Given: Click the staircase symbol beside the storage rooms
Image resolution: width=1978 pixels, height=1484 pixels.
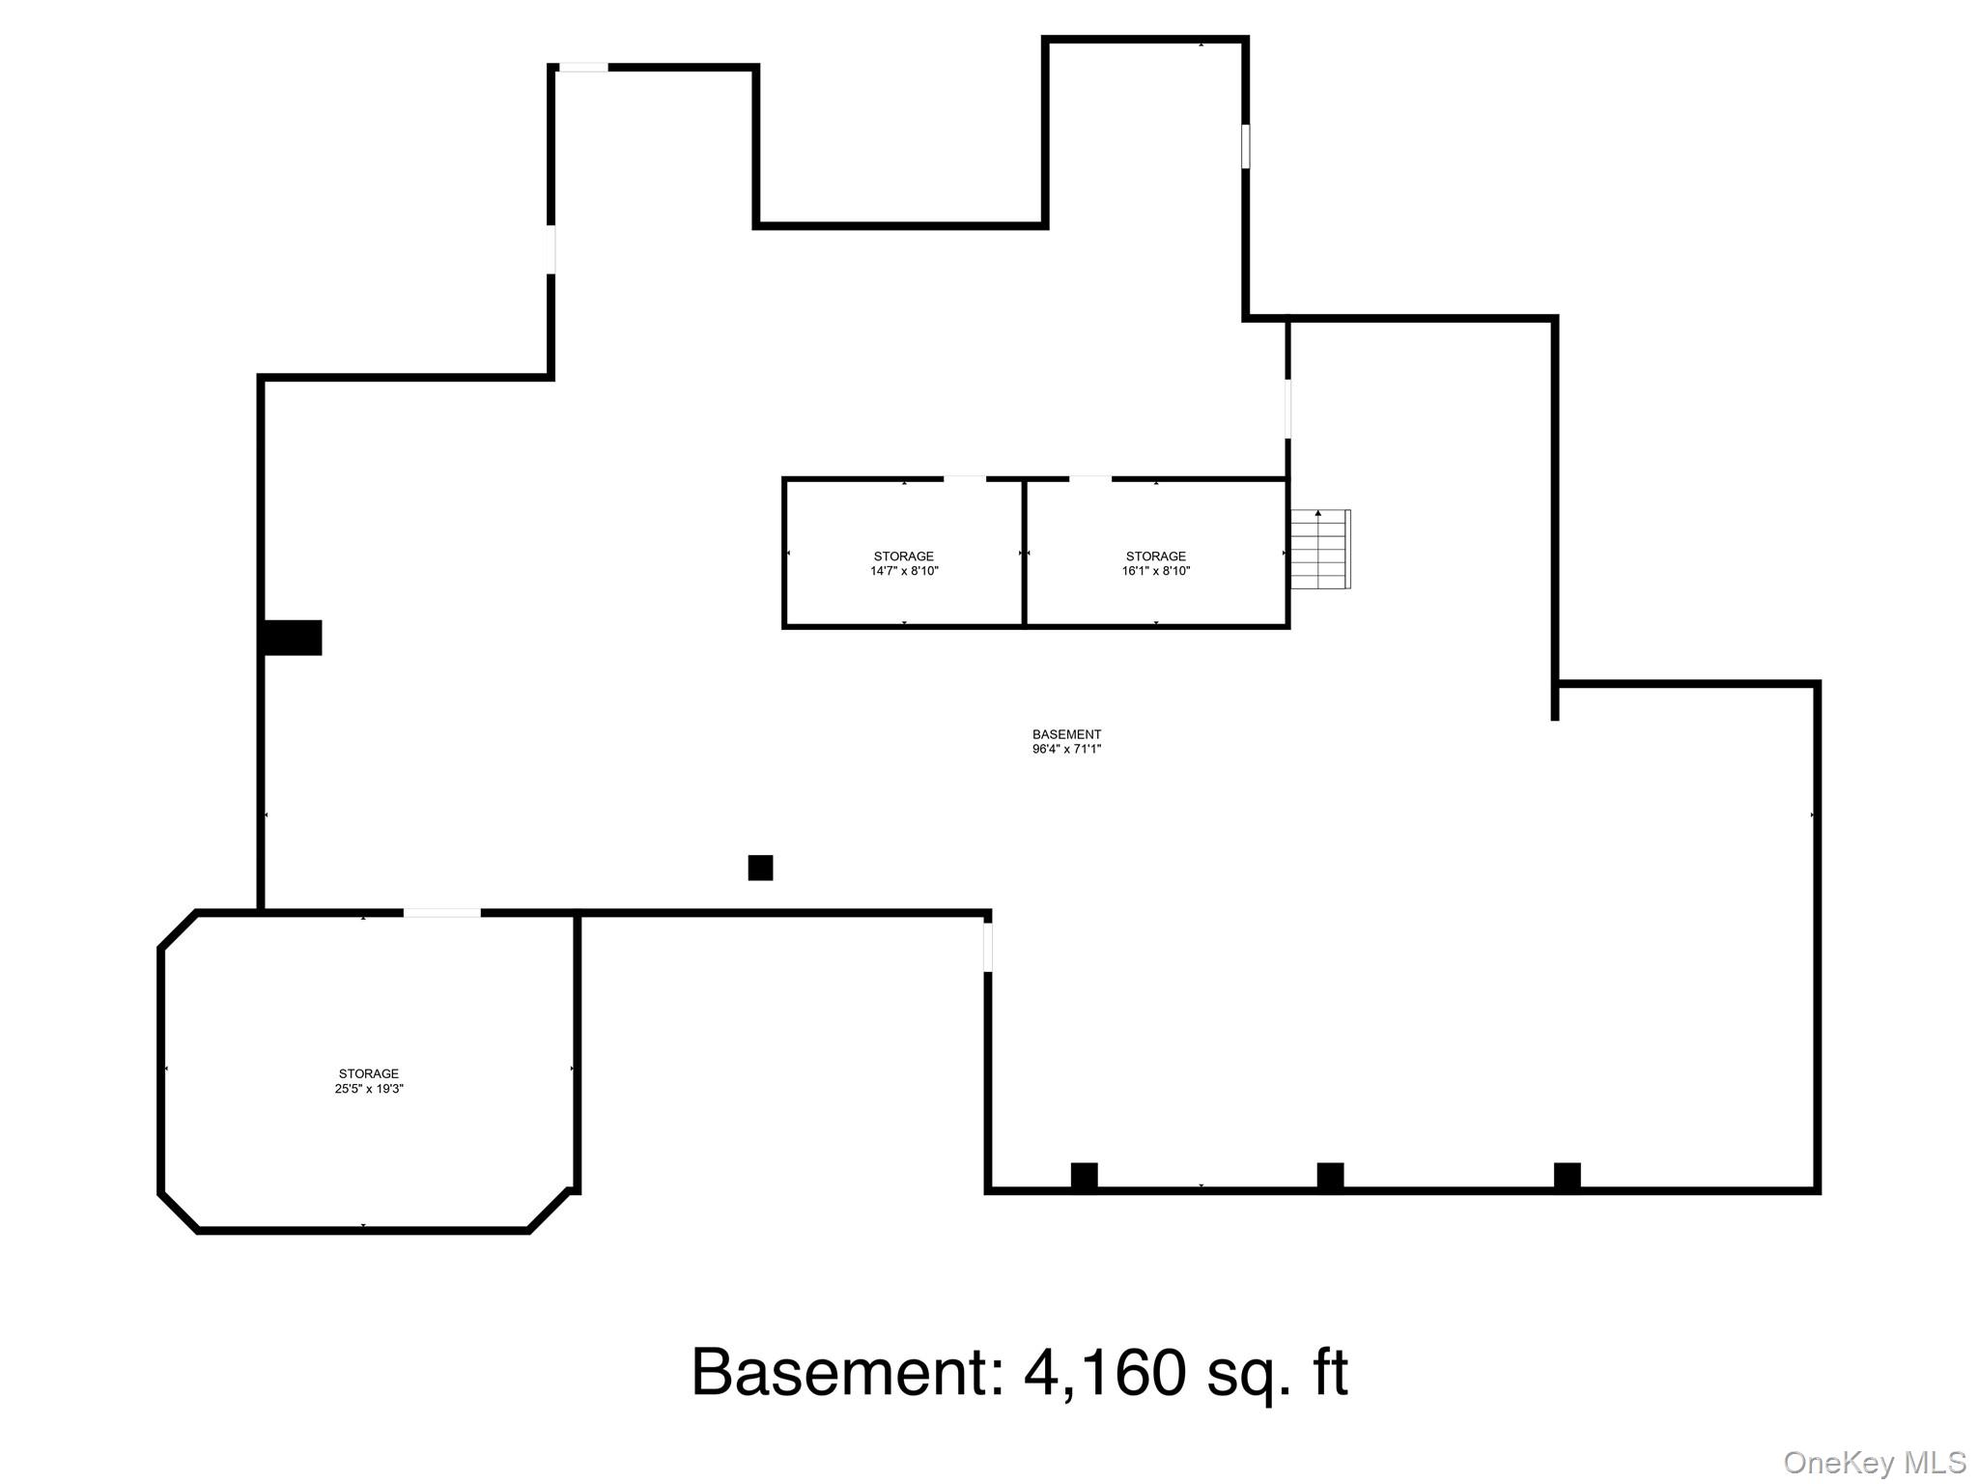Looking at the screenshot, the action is [1320, 549].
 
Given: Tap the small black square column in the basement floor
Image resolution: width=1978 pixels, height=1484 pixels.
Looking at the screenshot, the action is [760, 868].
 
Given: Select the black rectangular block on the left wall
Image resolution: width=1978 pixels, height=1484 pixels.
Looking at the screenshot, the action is [293, 638].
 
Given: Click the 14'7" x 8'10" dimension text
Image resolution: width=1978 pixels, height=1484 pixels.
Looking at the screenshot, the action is [904, 571].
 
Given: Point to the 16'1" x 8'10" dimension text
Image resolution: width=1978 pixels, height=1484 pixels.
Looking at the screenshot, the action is [1156, 571].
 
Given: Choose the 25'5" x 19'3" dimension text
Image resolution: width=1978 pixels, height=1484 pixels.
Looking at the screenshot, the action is [369, 1089].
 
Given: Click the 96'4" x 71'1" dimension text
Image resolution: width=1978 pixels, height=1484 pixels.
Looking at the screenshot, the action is [1067, 749].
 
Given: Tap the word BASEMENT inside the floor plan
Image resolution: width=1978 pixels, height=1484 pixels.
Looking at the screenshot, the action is [1067, 734].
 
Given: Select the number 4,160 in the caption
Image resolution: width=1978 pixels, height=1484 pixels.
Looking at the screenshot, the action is [1104, 1372].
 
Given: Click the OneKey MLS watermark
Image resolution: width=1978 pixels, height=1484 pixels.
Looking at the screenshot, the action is [1874, 1463].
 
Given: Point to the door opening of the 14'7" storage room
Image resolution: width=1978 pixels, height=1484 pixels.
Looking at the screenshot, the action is [965, 478].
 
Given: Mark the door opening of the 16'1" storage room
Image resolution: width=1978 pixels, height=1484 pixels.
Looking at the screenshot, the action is [1090, 478].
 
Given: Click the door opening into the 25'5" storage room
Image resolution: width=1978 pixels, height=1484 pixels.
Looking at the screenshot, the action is [441, 913].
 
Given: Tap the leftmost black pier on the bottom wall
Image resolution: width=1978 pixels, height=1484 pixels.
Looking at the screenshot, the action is [1085, 1176].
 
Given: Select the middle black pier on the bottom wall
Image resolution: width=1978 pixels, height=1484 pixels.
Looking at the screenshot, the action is [1331, 1176].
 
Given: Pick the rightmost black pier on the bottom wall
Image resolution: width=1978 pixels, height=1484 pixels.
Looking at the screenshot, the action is [1568, 1176].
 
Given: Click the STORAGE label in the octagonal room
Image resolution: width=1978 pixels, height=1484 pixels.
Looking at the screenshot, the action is [369, 1073].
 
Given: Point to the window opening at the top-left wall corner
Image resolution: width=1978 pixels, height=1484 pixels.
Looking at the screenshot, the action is [583, 67].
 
